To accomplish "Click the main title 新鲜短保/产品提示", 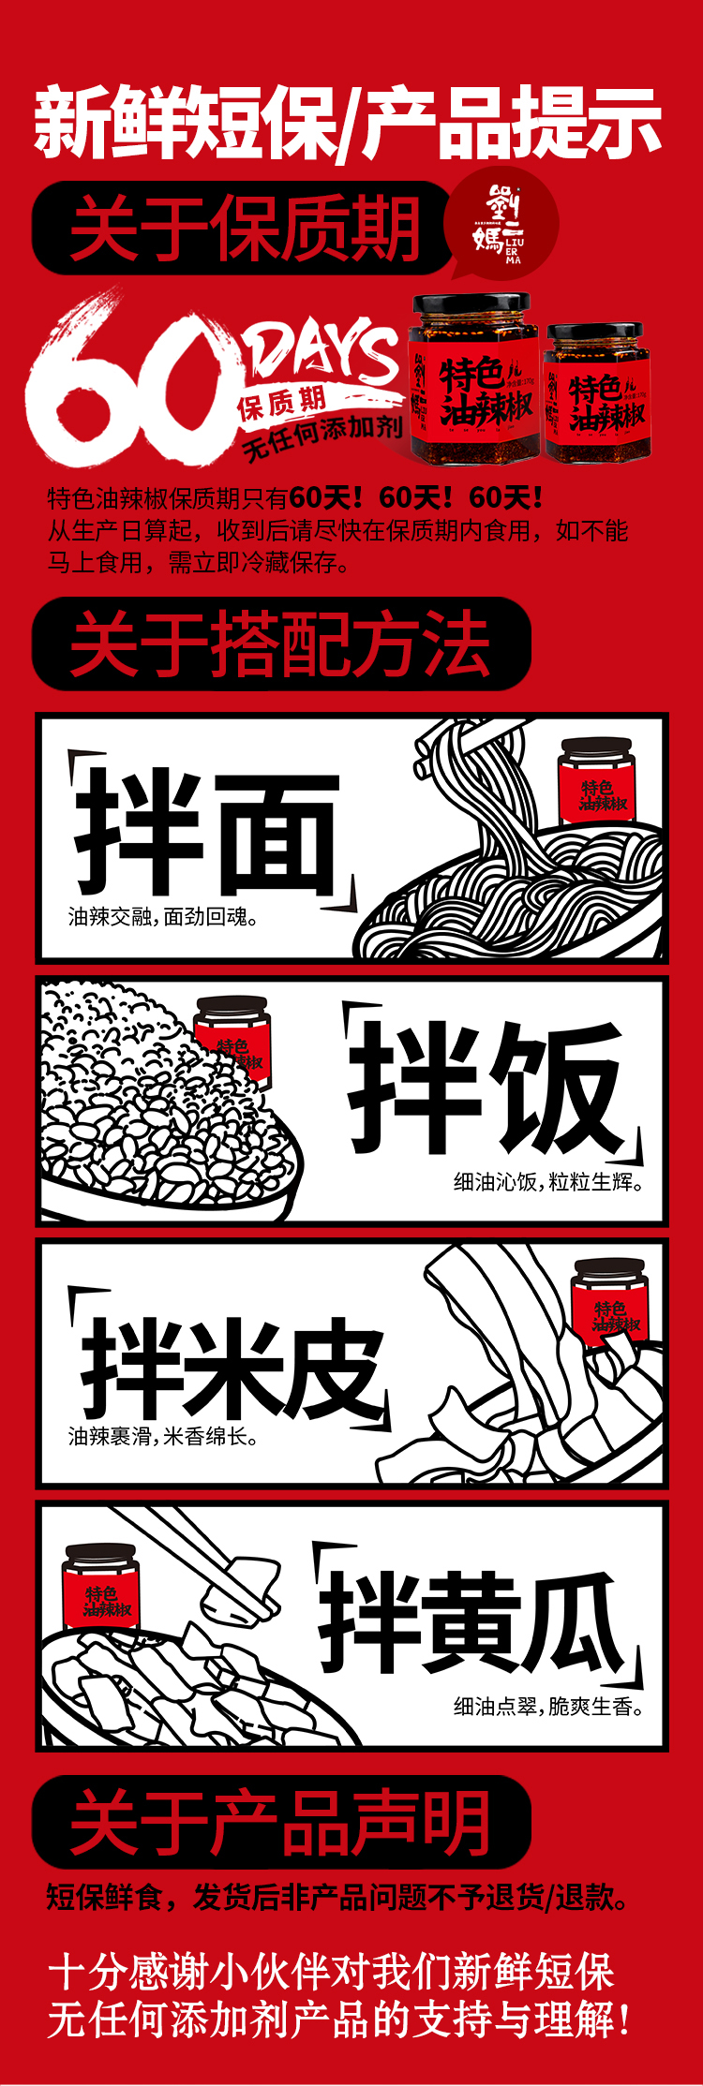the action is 349,123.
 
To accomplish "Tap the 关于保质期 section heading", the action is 245,228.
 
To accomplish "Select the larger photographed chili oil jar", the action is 473,379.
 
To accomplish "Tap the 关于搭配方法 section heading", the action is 279,644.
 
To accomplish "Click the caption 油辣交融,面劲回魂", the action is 163,916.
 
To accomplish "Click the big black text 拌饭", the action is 486,1087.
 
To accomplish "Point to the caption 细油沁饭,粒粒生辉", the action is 549,1181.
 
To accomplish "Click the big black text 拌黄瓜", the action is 471,1622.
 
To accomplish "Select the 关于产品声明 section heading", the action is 279,1822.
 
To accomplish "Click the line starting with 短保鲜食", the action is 338,1897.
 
